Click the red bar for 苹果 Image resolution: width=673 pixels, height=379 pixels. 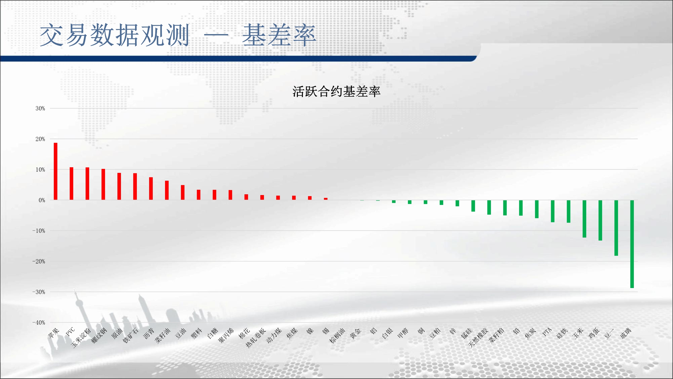click(x=56, y=171)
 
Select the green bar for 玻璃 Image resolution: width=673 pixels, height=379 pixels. click(x=632, y=244)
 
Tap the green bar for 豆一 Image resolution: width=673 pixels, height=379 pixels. click(x=616, y=228)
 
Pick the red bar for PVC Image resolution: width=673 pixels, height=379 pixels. click(x=72, y=184)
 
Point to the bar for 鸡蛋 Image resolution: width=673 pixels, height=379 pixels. click(x=600, y=220)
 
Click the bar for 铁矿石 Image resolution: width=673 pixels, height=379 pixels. click(x=135, y=186)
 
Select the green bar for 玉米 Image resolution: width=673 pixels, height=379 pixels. click(x=584, y=219)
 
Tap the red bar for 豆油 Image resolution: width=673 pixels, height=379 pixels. click(x=183, y=193)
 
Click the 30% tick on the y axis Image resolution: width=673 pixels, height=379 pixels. click(x=40, y=108)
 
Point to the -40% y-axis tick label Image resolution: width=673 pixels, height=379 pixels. click(x=39, y=322)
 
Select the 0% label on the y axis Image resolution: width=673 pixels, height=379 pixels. click(x=42, y=200)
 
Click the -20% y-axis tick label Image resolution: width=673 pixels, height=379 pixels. click(x=39, y=261)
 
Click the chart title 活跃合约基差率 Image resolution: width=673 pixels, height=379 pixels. click(x=336, y=91)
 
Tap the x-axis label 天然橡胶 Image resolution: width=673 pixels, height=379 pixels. click(x=478, y=338)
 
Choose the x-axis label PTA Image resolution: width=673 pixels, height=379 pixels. click(x=547, y=332)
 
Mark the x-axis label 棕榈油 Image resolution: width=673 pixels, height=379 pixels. click(x=337, y=336)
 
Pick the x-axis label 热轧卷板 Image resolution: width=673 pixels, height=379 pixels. click(x=255, y=338)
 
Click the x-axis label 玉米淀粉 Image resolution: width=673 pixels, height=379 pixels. click(x=81, y=338)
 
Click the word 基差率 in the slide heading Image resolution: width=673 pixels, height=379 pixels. click(x=279, y=35)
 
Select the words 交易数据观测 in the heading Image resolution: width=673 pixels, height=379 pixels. click(x=114, y=35)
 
